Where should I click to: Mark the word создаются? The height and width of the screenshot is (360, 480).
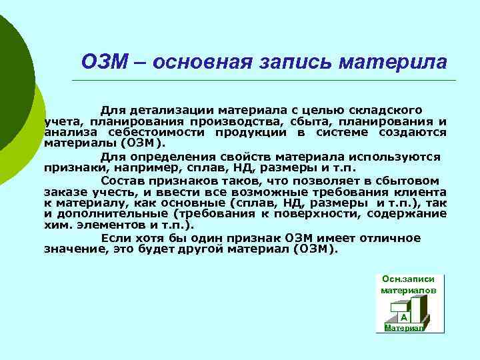(x=413, y=133)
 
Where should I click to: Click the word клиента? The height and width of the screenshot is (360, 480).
(x=423, y=192)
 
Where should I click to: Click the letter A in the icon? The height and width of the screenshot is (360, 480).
(x=404, y=318)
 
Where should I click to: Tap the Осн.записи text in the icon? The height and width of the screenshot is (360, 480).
(x=409, y=279)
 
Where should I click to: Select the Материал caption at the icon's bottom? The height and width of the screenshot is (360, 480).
(x=404, y=328)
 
